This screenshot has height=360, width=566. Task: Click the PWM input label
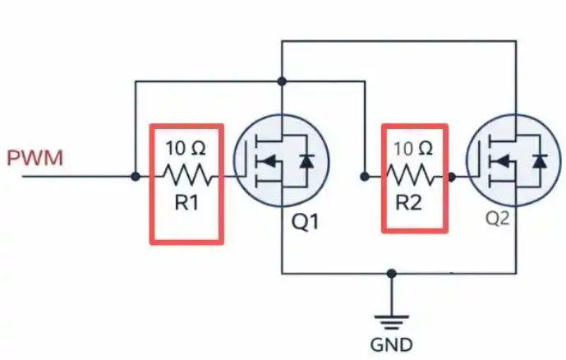(x=35, y=158)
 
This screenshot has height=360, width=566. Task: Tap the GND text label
(x=391, y=345)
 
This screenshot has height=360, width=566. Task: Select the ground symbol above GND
(x=391, y=322)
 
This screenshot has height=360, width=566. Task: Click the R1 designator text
(x=186, y=203)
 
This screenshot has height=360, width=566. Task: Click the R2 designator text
(x=408, y=202)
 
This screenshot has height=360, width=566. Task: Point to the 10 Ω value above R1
(x=186, y=149)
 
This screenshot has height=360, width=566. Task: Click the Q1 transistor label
(x=306, y=222)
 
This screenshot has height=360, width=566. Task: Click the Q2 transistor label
(x=497, y=218)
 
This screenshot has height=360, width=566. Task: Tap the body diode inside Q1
(x=306, y=161)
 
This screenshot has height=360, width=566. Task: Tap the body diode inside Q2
(x=539, y=161)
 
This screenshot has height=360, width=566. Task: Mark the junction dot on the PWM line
(x=136, y=177)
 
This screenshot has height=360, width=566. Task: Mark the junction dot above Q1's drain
(x=282, y=81)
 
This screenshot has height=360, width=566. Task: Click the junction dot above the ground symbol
(x=391, y=274)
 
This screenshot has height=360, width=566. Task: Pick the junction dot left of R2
(x=365, y=177)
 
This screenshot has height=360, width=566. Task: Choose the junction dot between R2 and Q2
(x=451, y=177)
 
